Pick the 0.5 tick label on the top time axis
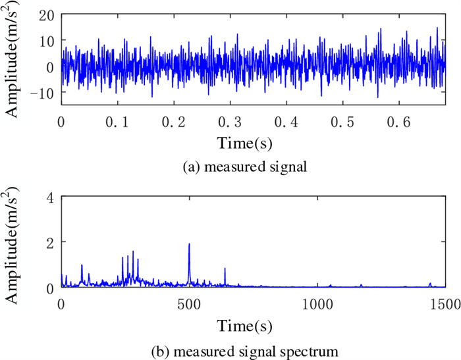343,122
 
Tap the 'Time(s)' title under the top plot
244,141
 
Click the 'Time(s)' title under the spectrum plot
244,326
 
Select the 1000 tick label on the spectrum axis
317,305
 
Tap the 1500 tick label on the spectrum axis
445,305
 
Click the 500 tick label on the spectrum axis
189,305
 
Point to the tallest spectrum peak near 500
189,245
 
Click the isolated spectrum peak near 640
225,269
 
